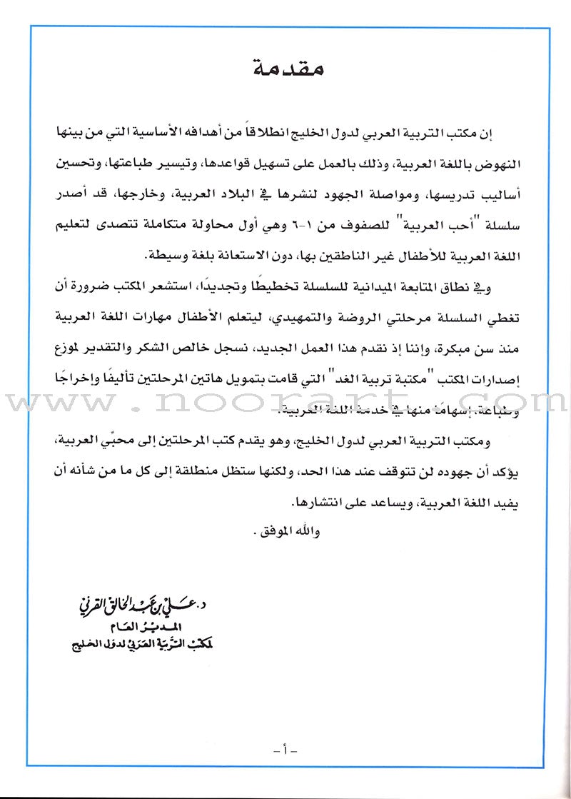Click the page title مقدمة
tap(285, 70)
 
